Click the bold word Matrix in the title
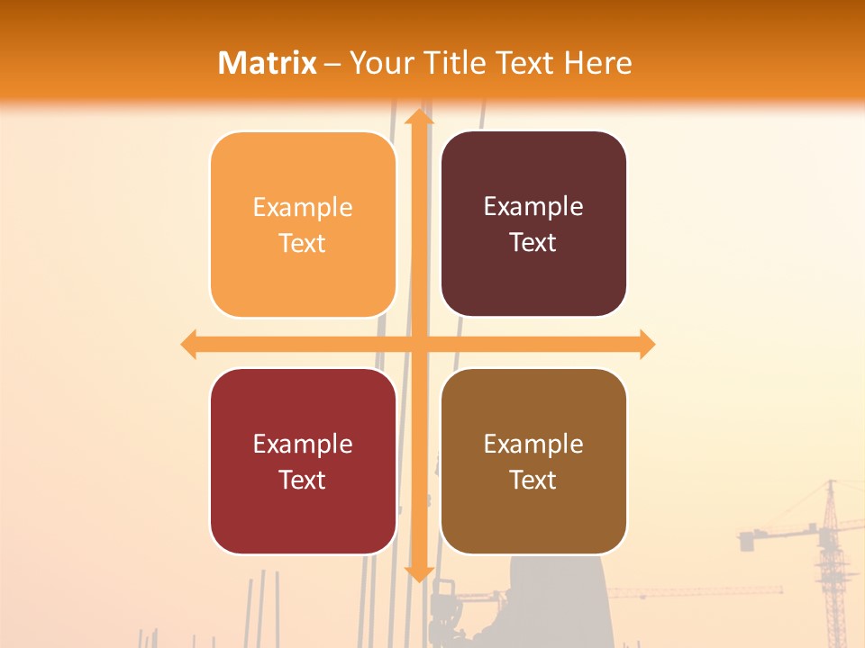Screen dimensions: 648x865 coord(268,63)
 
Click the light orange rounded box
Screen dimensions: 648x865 coord(303,225)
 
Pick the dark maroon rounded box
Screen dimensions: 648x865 coord(533,224)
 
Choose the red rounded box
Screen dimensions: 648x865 coord(303,461)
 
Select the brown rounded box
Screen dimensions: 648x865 coord(533,461)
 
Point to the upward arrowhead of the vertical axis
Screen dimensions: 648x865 coord(418,117)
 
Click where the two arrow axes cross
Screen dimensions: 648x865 coord(418,344)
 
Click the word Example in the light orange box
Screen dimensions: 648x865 coord(303,208)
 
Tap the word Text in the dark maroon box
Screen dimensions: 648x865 coord(533,242)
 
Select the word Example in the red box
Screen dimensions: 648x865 coord(303,444)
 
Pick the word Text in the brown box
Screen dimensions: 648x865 coord(533,480)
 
